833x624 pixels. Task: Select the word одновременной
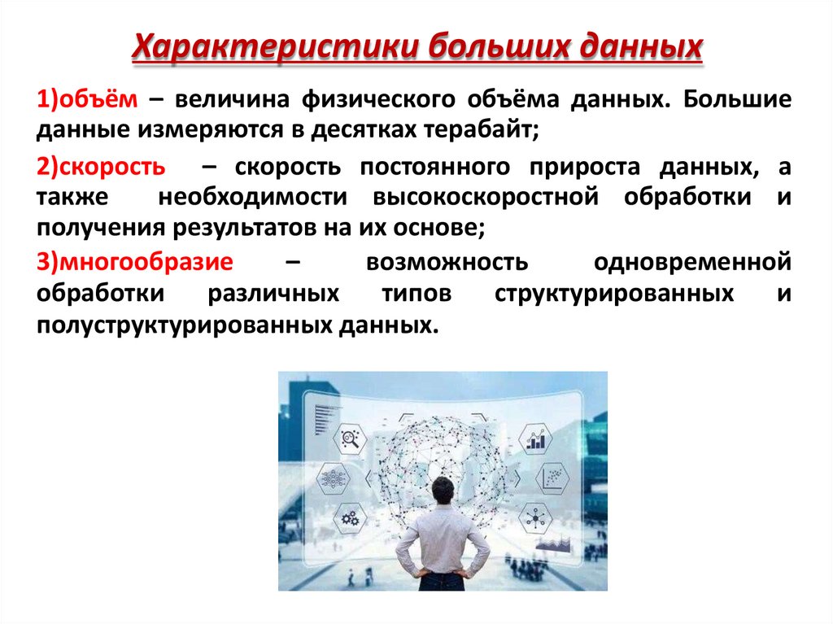pos(692,263)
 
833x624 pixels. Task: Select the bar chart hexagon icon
pos(536,439)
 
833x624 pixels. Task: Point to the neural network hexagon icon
pos(333,478)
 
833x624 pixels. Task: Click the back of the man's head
pos(443,491)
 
